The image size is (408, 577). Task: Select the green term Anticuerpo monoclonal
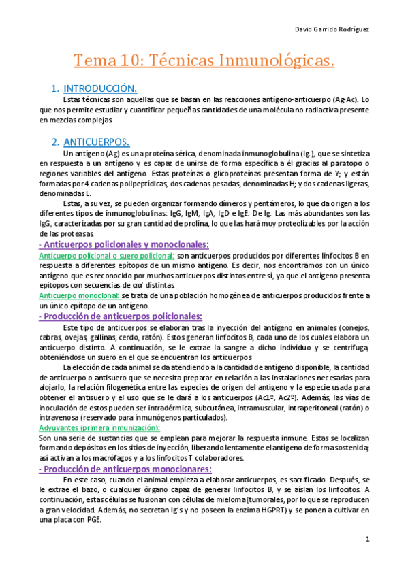[x=80, y=295]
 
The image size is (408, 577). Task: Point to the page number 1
[x=366, y=540]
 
